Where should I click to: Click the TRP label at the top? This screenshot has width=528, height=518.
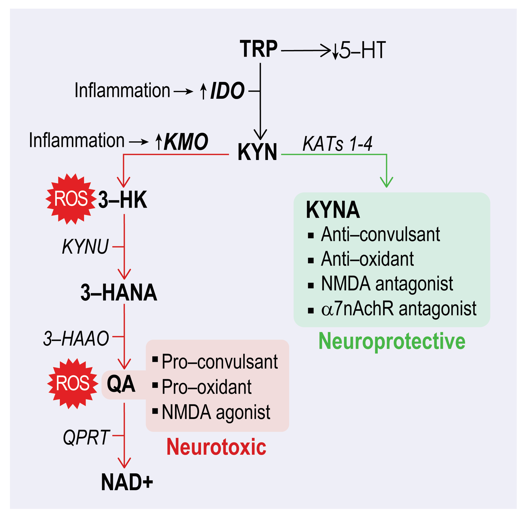coord(258,49)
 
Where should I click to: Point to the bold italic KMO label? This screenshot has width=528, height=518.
coord(186,142)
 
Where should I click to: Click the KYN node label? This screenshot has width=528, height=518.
coord(257,152)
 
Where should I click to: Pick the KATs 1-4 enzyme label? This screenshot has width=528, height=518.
coord(337,144)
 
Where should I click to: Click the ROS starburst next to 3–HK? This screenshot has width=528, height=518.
coord(71,199)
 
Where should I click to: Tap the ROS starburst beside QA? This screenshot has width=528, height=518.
coord(73,384)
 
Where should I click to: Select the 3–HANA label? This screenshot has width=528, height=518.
coord(119,293)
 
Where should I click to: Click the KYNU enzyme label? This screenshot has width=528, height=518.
coord(85,247)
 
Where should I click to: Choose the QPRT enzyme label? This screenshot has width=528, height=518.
coord(86,438)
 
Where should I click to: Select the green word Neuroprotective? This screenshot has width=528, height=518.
coord(392,341)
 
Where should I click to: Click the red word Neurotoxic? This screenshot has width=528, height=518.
coord(216,447)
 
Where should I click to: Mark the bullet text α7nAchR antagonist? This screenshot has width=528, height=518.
coord(398,309)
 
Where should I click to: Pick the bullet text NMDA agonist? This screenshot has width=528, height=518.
coord(216,412)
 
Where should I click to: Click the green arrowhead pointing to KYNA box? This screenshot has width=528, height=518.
coord(386,182)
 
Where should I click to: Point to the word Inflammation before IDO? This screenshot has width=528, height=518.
coord(122,90)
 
